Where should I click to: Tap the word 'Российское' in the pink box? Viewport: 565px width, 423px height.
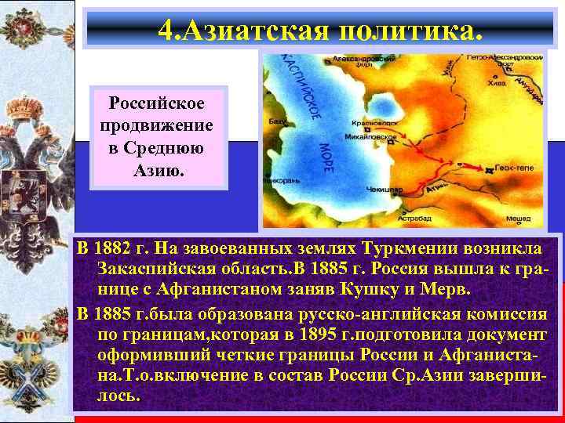[159, 104]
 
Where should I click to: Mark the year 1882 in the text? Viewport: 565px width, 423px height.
[114, 249]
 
